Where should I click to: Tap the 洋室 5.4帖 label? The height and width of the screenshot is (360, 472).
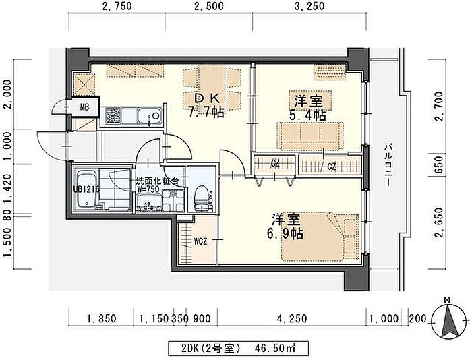tap(308, 108)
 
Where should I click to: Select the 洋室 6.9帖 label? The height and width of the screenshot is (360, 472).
tap(285, 227)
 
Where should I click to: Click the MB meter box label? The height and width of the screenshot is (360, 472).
tap(84, 107)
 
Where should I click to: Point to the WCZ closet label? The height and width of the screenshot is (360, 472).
tap(200, 241)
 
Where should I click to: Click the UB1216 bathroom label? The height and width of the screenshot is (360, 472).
tap(86, 189)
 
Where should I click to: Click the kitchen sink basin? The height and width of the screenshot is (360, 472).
tap(149, 116)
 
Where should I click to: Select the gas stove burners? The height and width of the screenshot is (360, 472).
tap(113, 116)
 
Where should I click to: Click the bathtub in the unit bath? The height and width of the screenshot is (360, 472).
tap(87, 189)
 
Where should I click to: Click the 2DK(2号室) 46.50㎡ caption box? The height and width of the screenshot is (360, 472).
tap(239, 349)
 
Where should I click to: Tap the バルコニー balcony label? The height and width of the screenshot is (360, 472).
tap(389, 165)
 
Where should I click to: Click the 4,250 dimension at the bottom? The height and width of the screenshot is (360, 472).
tap(292, 318)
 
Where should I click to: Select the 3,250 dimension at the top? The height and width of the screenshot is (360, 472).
tap(309, 6)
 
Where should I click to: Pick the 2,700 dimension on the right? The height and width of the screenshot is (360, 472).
tap(439, 107)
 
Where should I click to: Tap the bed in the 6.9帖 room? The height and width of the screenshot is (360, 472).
tap(320, 236)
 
